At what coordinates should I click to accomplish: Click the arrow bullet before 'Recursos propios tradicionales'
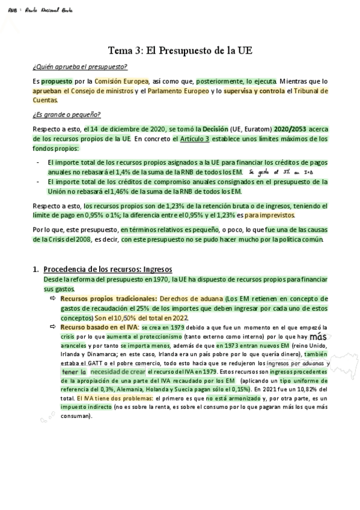53,299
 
